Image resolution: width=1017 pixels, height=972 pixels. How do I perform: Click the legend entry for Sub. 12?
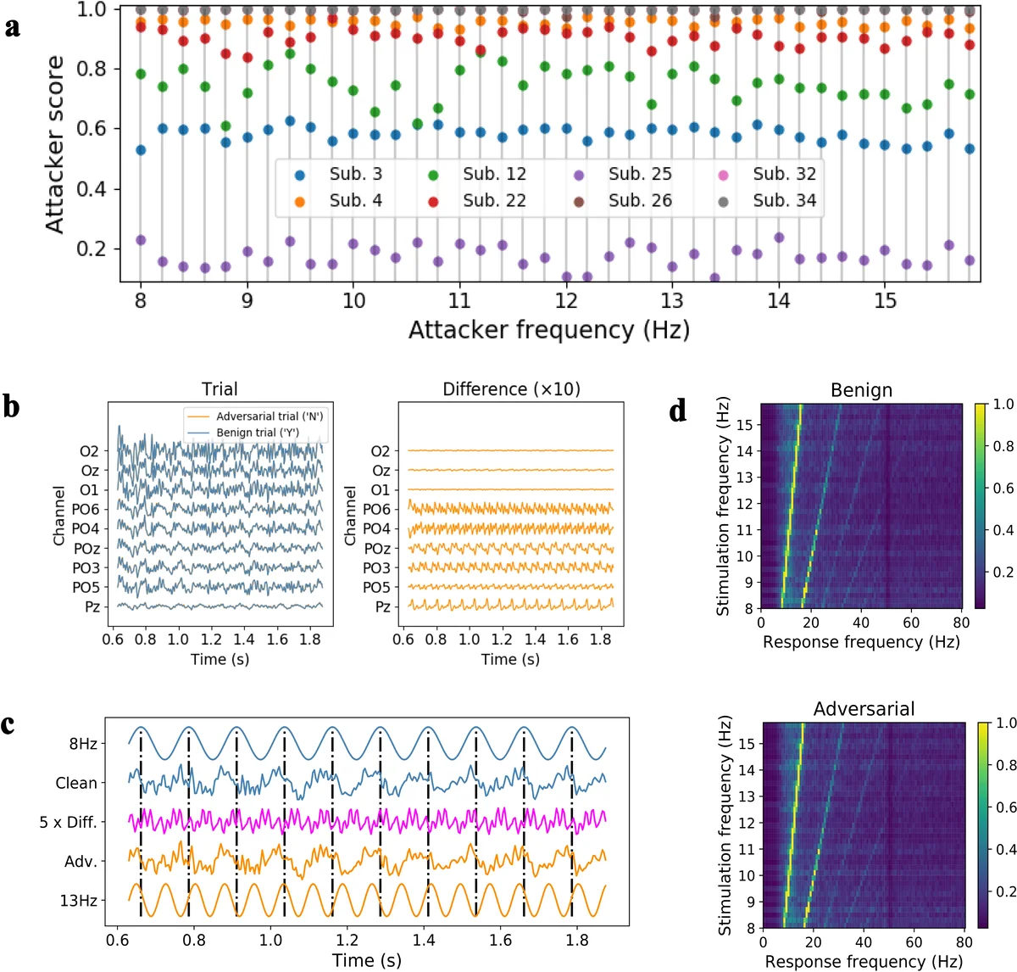click(493, 174)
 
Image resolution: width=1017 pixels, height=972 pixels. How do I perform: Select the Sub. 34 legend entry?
click(784, 201)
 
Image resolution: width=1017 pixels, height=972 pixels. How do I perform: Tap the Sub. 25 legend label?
click(639, 174)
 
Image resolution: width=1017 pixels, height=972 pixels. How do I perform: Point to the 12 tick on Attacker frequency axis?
click(566, 301)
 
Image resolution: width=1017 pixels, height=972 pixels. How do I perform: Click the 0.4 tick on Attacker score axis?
click(92, 189)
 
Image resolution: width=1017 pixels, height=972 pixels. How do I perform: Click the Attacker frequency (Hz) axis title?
click(548, 330)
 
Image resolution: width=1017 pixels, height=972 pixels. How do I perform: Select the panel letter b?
click(12, 406)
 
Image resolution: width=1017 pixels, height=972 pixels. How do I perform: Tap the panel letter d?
click(678, 411)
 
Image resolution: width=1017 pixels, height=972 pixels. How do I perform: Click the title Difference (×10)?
click(511, 389)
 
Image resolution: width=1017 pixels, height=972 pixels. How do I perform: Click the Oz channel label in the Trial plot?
click(90, 471)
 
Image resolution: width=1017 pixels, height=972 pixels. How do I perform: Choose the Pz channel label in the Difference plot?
click(382, 606)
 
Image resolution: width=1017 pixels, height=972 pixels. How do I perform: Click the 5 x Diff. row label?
click(68, 822)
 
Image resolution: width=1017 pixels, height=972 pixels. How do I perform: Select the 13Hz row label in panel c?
click(78, 901)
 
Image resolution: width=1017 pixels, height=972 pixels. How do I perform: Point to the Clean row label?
click(76, 783)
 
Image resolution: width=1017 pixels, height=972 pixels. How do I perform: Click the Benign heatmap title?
click(860, 390)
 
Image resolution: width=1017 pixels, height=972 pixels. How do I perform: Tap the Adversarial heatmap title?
click(864, 709)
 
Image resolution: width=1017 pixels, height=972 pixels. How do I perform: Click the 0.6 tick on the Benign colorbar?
click(1003, 489)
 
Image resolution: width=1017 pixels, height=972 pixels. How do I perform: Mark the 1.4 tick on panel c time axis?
click(425, 940)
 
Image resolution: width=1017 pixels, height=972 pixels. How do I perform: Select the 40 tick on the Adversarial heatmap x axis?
click(864, 941)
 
